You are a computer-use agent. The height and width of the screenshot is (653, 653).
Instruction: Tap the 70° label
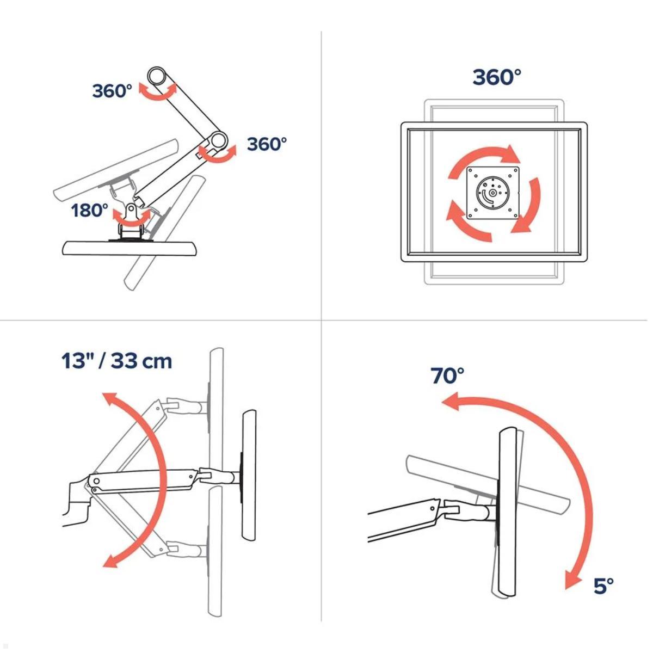[x=447, y=375]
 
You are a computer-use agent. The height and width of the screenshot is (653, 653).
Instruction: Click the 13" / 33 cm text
[x=117, y=361]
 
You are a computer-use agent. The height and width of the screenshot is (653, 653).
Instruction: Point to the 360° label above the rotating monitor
[x=497, y=77]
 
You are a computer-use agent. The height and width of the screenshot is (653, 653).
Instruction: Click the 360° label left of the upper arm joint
[x=112, y=91]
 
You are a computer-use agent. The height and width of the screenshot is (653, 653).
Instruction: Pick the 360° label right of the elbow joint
[x=267, y=144]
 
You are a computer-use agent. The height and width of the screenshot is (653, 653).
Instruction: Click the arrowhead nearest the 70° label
[x=451, y=401]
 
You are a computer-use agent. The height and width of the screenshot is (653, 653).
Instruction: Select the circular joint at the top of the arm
[x=156, y=76]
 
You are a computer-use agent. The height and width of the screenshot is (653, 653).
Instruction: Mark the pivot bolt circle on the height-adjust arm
[x=96, y=481]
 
